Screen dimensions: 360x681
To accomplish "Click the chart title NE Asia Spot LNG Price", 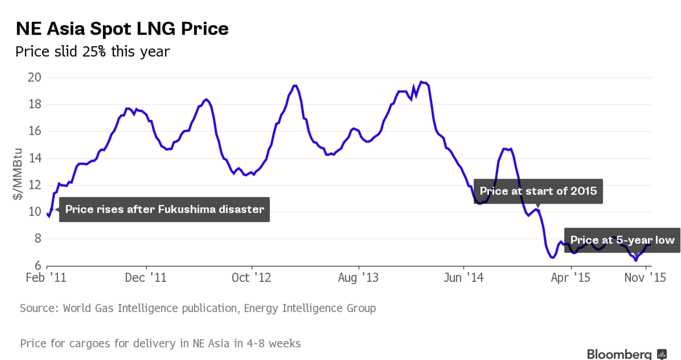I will click(122, 29).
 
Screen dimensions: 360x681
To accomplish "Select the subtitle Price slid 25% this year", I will click(92, 51).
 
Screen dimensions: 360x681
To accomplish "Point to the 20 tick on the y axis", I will click(35, 78).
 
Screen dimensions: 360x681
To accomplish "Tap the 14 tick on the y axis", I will click(35, 158).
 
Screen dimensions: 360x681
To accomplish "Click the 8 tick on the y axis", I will click(37, 239).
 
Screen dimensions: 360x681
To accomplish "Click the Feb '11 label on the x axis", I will click(46, 278).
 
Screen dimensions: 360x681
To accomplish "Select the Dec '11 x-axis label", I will click(146, 278).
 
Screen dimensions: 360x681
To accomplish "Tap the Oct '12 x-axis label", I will click(251, 278).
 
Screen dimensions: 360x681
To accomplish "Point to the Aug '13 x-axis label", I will click(358, 278).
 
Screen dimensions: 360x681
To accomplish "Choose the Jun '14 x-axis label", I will click(463, 278).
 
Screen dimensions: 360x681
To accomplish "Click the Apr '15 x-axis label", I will click(570, 278).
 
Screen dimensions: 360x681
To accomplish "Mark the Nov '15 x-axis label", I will click(645, 278).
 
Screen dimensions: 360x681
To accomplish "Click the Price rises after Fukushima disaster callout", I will click(164, 209).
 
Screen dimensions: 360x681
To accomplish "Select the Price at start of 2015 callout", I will click(538, 191).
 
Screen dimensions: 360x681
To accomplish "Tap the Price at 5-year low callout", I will click(622, 240).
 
